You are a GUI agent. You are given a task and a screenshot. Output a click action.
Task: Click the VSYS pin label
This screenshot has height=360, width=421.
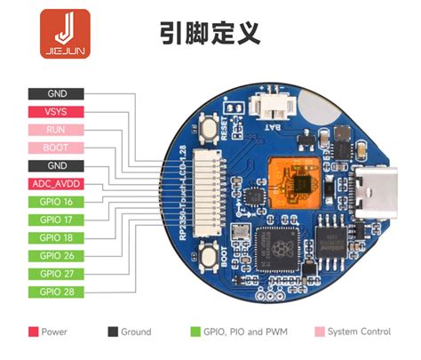(x=57, y=112)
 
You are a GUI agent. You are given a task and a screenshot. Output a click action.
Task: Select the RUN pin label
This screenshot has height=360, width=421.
(x=57, y=130)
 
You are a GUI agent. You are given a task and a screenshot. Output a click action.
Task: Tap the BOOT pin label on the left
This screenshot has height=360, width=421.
(x=57, y=148)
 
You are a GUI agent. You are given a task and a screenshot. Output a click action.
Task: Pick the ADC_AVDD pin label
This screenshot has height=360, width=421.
(x=57, y=184)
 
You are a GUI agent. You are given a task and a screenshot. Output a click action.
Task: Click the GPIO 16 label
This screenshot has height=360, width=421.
(x=57, y=202)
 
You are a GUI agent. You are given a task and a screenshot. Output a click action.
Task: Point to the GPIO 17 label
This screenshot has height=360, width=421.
(x=57, y=220)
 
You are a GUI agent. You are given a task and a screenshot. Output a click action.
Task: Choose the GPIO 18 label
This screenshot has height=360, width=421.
(x=57, y=237)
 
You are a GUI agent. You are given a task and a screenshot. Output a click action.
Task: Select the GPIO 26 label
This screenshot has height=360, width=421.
(x=57, y=256)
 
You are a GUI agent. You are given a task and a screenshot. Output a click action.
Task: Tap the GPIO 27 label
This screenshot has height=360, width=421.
(x=57, y=274)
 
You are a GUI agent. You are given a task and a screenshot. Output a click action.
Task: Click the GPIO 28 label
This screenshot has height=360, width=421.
(x=57, y=292)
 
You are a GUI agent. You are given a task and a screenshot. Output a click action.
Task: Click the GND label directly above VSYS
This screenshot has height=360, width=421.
(x=57, y=93)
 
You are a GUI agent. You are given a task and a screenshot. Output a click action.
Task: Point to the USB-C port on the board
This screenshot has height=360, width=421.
(x=372, y=189)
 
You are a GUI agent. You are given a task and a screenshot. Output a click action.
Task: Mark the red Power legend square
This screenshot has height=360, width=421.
(x=33, y=332)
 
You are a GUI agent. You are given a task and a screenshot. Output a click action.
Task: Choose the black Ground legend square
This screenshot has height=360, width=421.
(x=113, y=332)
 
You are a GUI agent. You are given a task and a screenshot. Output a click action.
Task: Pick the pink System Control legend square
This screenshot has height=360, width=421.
(x=320, y=332)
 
